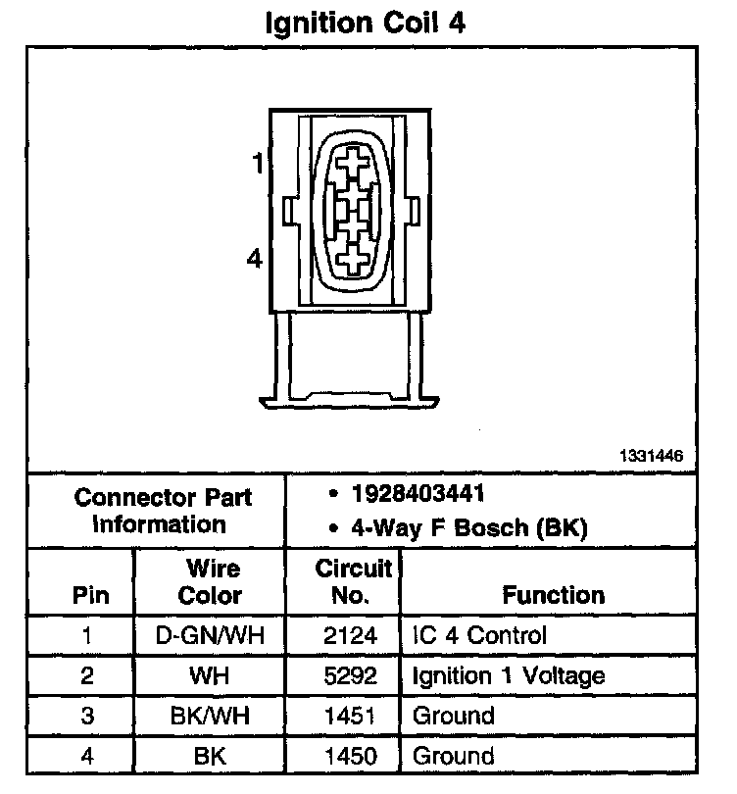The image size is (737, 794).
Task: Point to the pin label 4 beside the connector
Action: [255, 259]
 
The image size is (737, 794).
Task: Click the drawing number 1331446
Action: [650, 456]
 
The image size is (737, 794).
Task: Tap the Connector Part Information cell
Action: [162, 510]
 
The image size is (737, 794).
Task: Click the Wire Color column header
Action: [210, 581]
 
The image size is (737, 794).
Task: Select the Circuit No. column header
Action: [353, 581]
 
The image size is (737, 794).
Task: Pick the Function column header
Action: [554, 594]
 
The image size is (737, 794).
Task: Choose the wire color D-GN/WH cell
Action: [210, 635]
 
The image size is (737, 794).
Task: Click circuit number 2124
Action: [350, 635]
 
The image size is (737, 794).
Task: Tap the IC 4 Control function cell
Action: [479, 635]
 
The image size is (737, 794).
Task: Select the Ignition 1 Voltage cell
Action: [508, 675]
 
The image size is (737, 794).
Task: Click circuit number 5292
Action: [350, 675]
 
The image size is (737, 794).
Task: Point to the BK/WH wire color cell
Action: [210, 716]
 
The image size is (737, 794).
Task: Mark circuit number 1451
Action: [350, 716]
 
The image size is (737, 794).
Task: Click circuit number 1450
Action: [350, 756]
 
